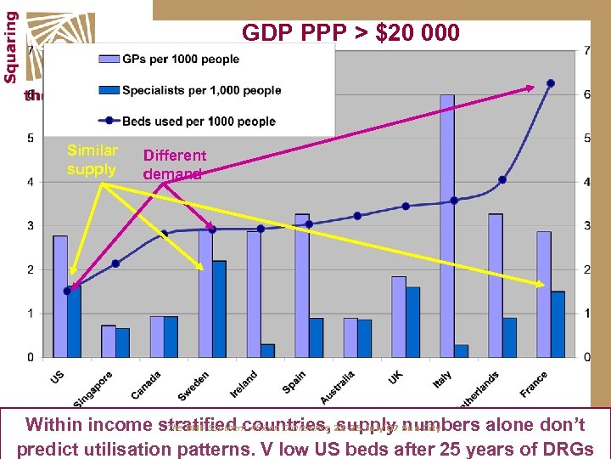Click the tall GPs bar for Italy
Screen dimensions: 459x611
tap(447, 225)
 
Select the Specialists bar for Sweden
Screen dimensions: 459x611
tap(219, 309)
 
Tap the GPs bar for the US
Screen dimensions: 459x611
tap(60, 296)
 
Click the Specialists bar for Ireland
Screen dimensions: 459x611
tap(268, 350)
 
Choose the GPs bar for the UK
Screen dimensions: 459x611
tap(399, 316)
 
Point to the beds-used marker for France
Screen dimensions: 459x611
tap(551, 83)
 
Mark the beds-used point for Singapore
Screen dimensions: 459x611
tap(115, 263)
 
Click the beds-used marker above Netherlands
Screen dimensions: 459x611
tap(502, 179)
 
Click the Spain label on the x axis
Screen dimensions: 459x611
tap(294, 382)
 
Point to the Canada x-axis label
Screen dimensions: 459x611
tap(146, 385)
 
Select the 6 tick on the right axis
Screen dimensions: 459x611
tap(586, 94)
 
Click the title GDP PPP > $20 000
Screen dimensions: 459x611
tap(350, 33)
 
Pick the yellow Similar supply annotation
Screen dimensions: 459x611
tap(92, 160)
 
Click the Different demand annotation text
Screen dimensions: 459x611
tap(174, 164)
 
